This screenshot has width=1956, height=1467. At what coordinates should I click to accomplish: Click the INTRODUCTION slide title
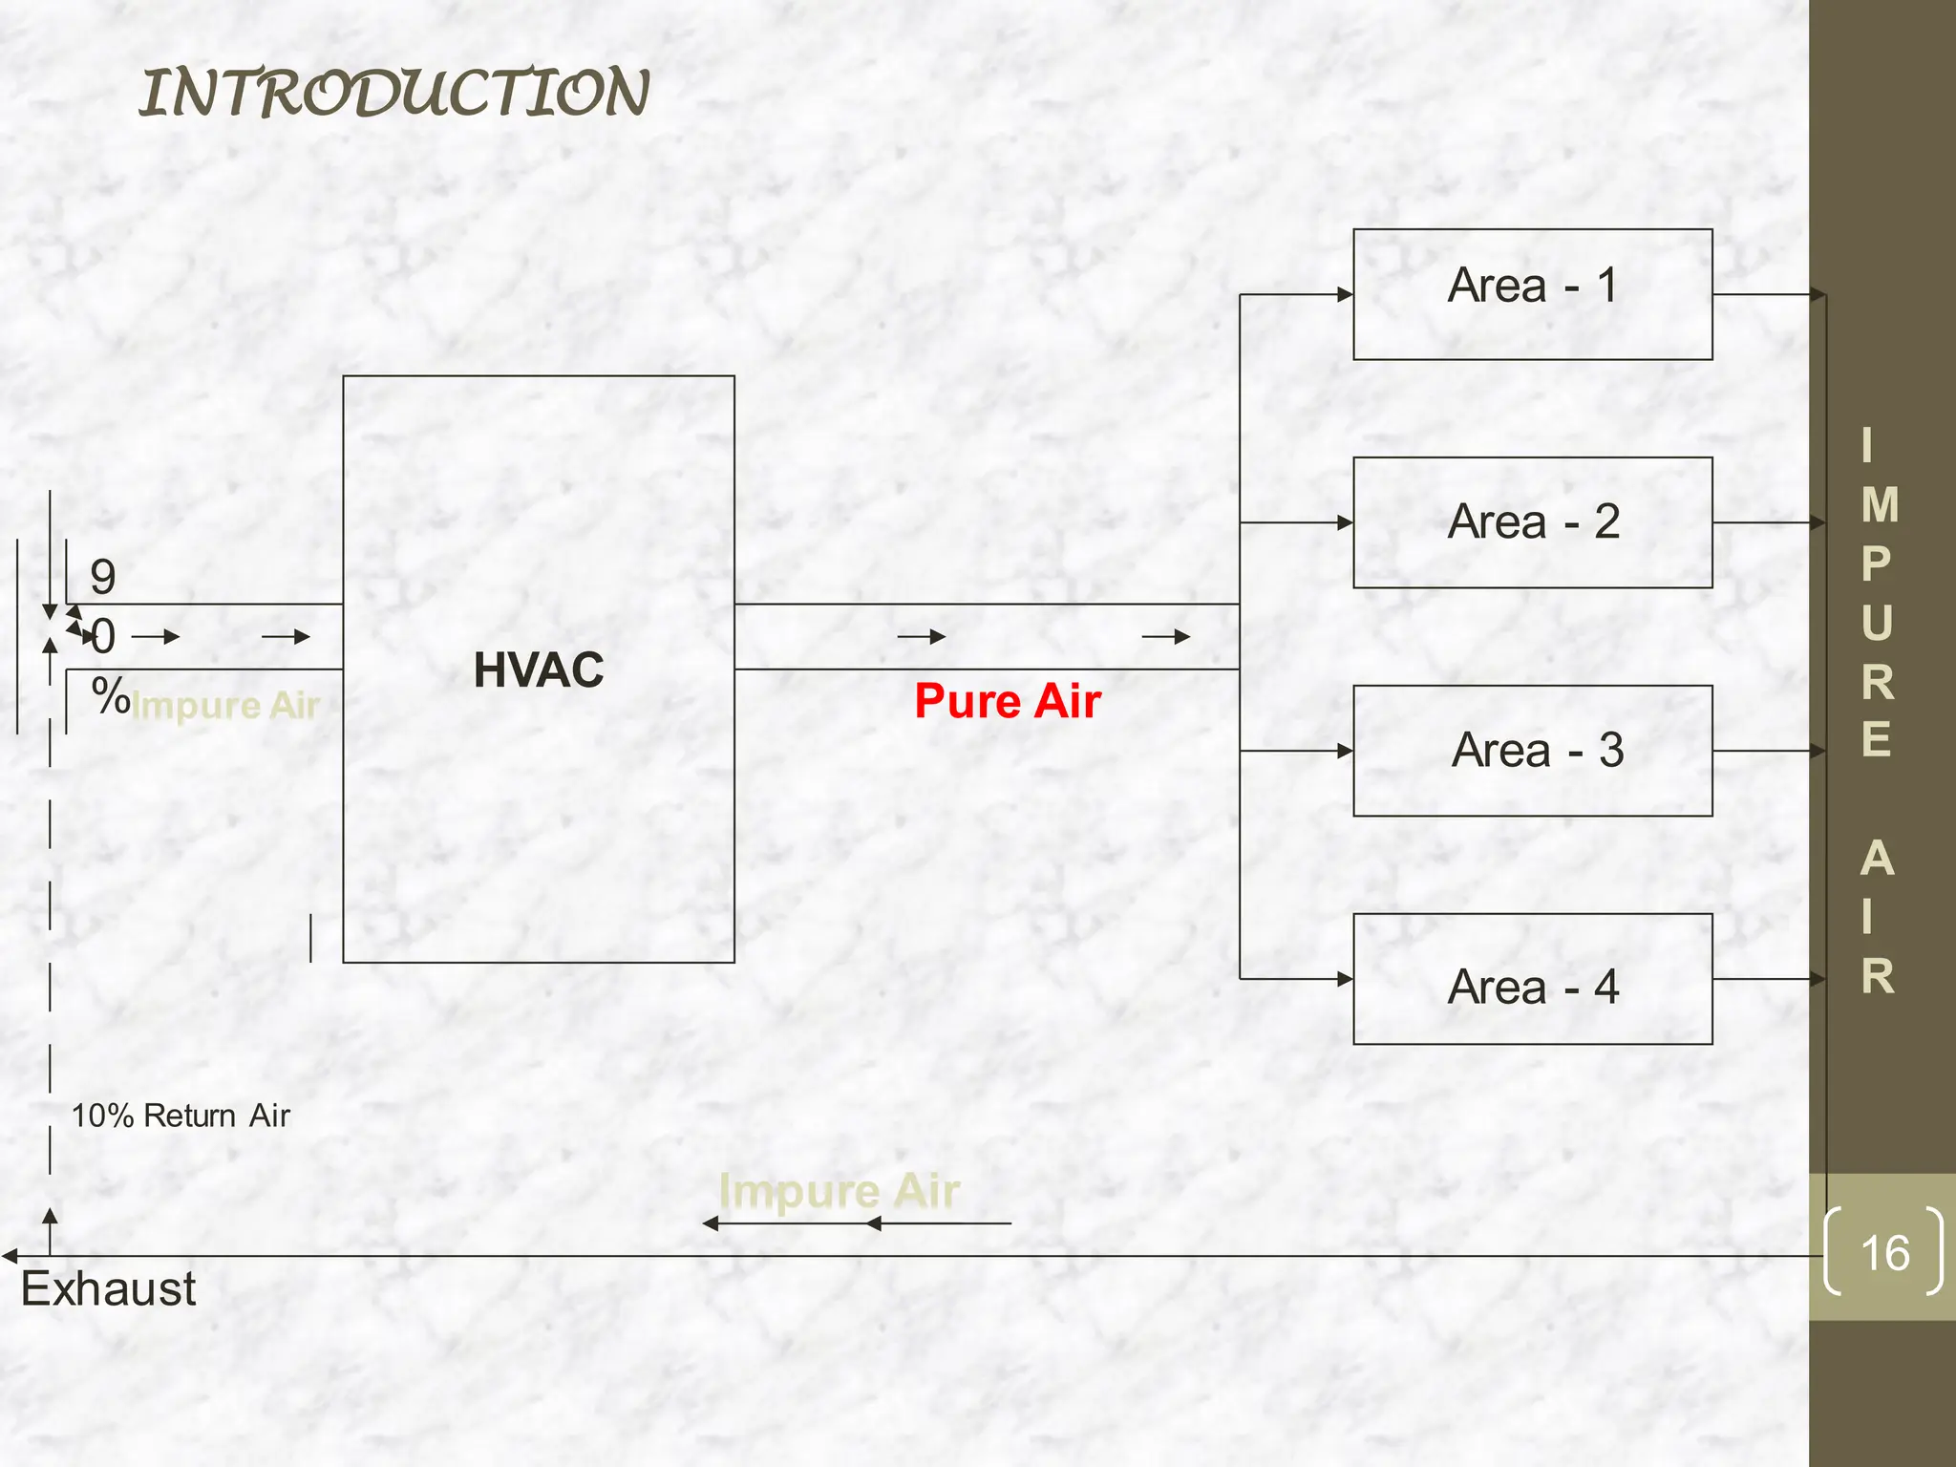(394, 94)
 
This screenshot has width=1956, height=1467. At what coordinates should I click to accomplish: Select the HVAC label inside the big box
(539, 670)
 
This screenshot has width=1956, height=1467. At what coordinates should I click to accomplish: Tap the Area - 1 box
(1532, 294)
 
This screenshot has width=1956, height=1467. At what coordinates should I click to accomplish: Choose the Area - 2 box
(1532, 522)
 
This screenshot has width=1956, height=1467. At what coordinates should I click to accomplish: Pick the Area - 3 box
(1532, 751)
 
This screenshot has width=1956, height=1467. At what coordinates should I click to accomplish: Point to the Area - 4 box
(1532, 979)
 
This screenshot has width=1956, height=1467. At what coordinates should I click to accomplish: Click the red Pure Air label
(1008, 701)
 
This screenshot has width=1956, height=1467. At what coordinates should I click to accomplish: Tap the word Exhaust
(109, 1289)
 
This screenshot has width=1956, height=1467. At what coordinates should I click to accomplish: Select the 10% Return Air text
(181, 1116)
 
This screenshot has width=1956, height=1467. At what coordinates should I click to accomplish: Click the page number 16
(1884, 1253)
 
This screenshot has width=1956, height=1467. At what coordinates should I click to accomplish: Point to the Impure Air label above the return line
(839, 1191)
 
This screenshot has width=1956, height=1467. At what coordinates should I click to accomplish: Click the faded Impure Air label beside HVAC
(225, 706)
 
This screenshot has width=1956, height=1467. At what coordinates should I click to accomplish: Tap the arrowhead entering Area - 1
(1345, 295)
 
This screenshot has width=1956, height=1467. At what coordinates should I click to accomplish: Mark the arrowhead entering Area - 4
(1345, 979)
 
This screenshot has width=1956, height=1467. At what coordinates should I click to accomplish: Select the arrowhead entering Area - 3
(1345, 752)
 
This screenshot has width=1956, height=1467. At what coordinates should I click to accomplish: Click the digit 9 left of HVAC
(103, 577)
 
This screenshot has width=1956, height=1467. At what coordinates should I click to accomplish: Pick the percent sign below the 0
(111, 695)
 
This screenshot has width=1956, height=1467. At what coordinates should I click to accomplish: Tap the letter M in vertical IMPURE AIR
(1880, 505)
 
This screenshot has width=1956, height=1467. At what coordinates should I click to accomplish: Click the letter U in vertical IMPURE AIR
(1877, 624)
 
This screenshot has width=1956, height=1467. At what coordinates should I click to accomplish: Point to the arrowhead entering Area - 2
(1345, 523)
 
